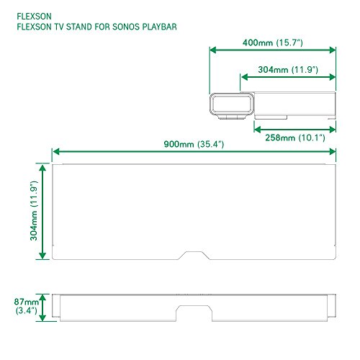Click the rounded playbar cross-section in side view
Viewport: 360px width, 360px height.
click(x=230, y=107)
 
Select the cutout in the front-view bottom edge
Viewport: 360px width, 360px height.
click(x=194, y=311)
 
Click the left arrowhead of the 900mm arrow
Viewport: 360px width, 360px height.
click(x=55, y=152)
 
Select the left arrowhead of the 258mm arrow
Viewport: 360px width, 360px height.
click(x=256, y=130)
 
